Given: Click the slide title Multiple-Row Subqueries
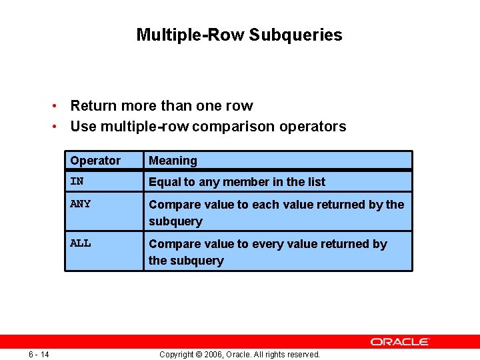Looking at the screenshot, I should tap(239, 35).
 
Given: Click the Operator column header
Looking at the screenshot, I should tap(95, 161).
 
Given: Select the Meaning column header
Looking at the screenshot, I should tap(173, 161).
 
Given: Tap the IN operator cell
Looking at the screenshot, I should tap(77, 181).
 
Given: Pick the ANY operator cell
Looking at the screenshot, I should tap(80, 204).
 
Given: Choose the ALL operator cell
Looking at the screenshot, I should tap(80, 243).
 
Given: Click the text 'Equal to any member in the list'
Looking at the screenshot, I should tap(237, 182).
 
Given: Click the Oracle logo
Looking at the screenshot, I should tap(400, 341).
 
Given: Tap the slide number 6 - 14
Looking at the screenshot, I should tap(39, 354).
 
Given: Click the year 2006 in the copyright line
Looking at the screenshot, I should tap(211, 354).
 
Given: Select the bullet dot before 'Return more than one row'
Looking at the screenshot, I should tap(59, 106).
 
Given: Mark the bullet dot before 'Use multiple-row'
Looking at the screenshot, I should tap(59, 127).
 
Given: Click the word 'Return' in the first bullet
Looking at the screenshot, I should tap(93, 105).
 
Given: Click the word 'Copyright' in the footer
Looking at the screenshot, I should tap(177, 354).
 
